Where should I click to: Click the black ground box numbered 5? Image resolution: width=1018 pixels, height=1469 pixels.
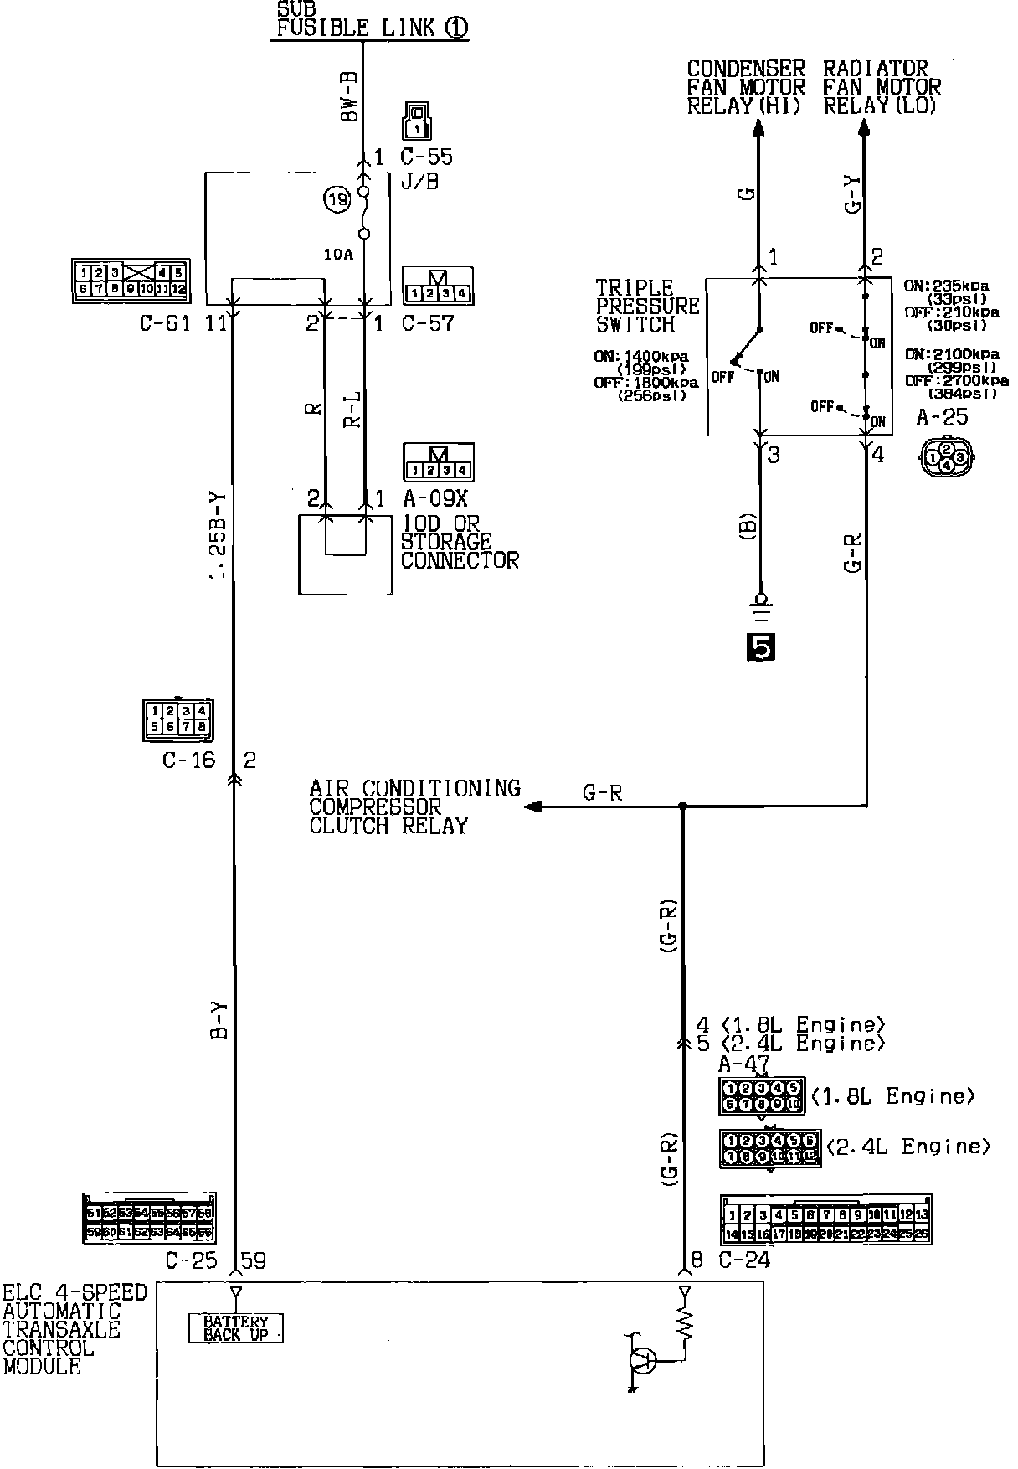760,647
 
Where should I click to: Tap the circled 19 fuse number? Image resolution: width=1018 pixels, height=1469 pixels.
336,199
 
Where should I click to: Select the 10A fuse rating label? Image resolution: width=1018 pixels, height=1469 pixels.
338,255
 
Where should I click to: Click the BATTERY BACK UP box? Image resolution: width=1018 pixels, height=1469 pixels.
235,1328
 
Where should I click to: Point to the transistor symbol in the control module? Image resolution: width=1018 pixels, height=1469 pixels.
644,1362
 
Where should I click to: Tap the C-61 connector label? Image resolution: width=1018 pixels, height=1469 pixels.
166,323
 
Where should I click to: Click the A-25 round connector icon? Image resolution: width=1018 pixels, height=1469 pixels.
946,456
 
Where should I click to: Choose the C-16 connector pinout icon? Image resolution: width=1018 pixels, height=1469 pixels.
177,719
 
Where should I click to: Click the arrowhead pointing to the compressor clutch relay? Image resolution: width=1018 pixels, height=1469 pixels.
533,807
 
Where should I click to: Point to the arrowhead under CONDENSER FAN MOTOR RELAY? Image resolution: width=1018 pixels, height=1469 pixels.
759,126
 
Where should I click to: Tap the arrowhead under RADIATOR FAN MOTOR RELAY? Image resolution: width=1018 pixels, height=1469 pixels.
865,126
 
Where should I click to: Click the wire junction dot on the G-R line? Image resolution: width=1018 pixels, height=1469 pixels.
682,807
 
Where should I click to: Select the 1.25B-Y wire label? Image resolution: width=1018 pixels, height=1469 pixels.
219,536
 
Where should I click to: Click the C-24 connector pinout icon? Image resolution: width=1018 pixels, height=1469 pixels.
826,1219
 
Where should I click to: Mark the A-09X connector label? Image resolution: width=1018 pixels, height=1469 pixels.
434,499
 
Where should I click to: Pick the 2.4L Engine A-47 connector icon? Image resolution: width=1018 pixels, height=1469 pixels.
770,1148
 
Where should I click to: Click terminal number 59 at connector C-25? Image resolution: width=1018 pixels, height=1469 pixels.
254,1260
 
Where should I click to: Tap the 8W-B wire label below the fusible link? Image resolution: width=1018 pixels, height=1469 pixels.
349,98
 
